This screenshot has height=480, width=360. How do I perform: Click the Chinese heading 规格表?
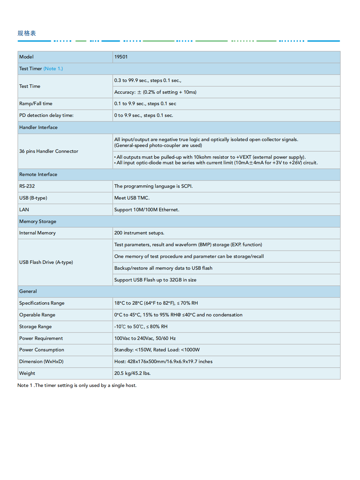[x=27, y=33]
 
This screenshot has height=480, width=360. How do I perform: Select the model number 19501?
[x=121, y=57]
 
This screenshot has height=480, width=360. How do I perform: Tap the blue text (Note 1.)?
[x=53, y=69]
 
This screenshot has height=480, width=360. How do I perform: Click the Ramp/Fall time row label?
[x=36, y=104]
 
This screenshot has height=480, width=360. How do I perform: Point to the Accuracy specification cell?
[x=155, y=92]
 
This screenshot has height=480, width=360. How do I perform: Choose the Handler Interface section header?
[x=38, y=127]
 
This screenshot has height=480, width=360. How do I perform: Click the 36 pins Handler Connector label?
[x=49, y=151]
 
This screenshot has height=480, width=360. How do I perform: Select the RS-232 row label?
[x=27, y=186]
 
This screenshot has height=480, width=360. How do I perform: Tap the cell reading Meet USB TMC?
[x=132, y=198]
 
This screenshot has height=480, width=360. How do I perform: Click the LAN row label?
[x=24, y=210]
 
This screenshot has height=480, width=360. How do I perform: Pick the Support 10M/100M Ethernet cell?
[x=147, y=210]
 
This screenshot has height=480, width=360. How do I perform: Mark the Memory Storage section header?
[x=38, y=221]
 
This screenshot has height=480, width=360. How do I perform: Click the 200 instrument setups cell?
[x=139, y=233]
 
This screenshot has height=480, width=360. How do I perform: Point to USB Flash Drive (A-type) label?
[x=46, y=262]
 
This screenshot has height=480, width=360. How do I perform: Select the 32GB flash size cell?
[x=155, y=280]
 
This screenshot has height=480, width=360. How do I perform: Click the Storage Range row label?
[x=35, y=327]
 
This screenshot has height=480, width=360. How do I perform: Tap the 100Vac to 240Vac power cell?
[x=145, y=338]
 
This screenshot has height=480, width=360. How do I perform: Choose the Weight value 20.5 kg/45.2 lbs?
[x=132, y=373]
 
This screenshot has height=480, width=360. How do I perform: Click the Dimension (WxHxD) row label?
[x=41, y=361]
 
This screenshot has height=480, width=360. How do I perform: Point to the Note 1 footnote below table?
[x=77, y=385]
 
